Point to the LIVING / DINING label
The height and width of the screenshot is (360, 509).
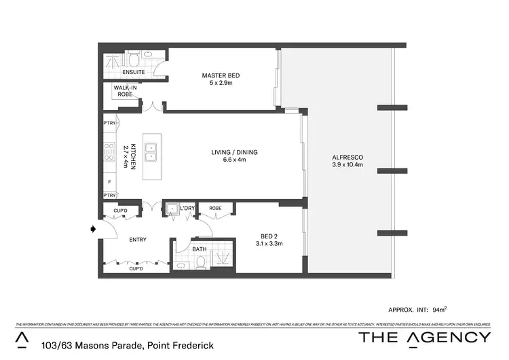[234, 152]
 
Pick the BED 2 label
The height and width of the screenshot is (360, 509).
[265, 235]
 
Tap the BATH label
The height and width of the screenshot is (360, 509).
[199, 249]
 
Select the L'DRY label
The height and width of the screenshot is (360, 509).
[188, 208]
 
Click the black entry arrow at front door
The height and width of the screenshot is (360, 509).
[93, 230]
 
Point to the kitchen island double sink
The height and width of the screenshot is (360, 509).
[152, 154]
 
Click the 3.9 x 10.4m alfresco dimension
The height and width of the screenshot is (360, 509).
[347, 164]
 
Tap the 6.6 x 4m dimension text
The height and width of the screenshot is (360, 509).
[234, 160]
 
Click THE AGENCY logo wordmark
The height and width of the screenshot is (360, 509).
[424, 338]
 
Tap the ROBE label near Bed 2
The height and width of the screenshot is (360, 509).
[215, 208]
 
